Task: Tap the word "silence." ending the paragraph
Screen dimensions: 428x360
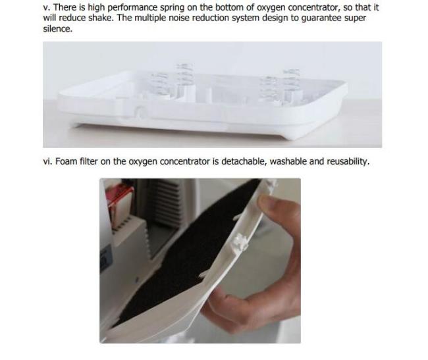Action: tap(58, 29)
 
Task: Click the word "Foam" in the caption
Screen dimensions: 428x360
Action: tap(66, 161)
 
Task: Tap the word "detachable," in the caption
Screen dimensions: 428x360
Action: tap(244, 161)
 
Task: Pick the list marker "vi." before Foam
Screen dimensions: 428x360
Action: tap(47, 161)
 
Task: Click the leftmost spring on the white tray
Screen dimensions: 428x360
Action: tap(159, 84)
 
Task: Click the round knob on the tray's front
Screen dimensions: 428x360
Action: tap(141, 113)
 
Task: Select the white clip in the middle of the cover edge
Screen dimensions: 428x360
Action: tap(239, 243)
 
